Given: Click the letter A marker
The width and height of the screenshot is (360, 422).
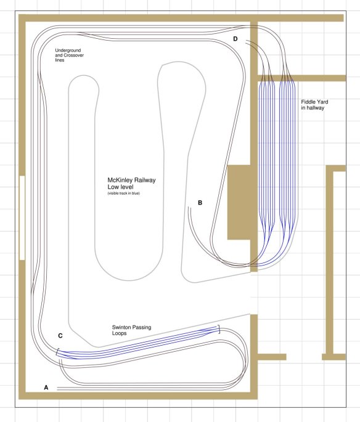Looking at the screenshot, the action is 46,388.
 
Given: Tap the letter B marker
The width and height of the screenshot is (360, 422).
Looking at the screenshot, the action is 200,203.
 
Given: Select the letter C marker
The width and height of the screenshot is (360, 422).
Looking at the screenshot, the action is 60,336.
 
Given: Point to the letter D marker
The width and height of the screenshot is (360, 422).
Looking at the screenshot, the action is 235,39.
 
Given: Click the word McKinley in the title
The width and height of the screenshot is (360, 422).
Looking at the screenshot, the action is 120,180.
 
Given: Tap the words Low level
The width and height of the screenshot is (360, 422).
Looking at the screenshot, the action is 120,187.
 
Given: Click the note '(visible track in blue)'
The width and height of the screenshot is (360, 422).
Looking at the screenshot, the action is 123,193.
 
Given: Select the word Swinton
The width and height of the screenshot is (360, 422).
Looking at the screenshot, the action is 121,327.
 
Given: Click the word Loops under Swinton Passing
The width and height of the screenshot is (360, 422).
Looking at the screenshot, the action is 120,333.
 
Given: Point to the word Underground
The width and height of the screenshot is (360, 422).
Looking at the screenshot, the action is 68,51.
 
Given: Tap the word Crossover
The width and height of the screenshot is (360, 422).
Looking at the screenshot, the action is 74,55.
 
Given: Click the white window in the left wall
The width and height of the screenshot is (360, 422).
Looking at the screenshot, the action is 22,217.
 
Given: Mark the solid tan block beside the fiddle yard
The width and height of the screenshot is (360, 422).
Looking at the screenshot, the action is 239,203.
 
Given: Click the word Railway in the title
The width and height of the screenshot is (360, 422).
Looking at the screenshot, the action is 145,180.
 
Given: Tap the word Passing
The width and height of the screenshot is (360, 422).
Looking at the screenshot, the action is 142,328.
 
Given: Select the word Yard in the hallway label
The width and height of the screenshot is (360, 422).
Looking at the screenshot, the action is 323,102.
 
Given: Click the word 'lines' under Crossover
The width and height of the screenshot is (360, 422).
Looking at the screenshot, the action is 60,60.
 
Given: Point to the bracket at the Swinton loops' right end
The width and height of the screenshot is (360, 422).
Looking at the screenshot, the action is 219,329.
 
